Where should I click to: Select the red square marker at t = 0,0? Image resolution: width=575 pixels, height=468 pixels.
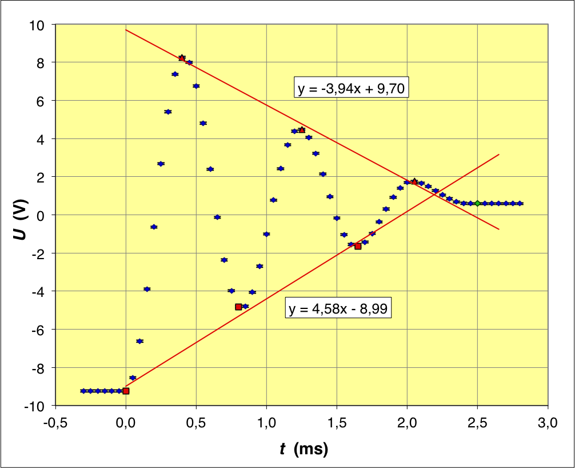(x=126, y=391)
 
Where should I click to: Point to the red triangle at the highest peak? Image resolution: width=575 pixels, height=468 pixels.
(x=182, y=58)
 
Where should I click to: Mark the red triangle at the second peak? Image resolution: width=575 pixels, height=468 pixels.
(x=302, y=130)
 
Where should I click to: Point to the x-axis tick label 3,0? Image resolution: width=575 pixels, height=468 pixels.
(x=548, y=424)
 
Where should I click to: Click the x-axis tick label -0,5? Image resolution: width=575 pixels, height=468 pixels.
(x=55, y=424)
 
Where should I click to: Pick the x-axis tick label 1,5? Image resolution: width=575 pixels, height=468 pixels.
(x=337, y=424)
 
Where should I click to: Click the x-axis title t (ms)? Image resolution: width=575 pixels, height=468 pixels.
(x=304, y=450)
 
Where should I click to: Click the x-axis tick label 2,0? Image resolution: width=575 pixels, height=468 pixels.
(x=407, y=424)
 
